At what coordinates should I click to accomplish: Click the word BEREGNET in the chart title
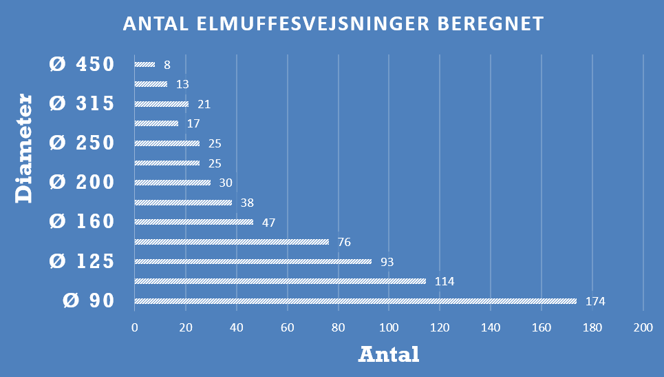pos(491,24)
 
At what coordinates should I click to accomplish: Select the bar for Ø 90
pos(355,301)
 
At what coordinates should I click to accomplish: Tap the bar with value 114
pos(280,281)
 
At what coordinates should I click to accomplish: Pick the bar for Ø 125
pos(253,262)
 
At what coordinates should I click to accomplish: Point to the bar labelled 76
pos(231,242)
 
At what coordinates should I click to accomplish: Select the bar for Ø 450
pos(144,65)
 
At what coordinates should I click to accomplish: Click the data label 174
pos(595,302)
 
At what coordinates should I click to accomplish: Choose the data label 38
pos(246,203)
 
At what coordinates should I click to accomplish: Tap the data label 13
pos(182,85)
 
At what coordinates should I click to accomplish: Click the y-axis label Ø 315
pos(81,104)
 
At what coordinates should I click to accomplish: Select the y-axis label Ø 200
pos(81,183)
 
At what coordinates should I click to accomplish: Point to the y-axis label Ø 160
pos(81,222)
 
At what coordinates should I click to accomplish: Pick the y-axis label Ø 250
pos(81,143)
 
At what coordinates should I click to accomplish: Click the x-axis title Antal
pos(389,354)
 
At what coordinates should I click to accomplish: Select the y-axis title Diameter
pos(25,149)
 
